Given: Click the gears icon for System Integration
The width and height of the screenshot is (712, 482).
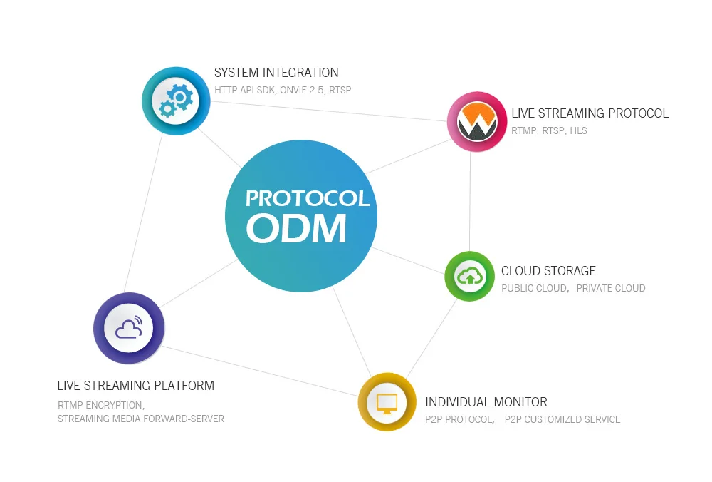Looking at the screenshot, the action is click(x=176, y=101).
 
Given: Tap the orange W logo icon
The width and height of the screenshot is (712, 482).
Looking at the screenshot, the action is click(x=476, y=121).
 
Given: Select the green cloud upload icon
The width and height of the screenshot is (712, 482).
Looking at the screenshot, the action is click(x=469, y=276).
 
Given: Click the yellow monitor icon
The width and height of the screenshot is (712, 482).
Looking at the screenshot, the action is click(x=387, y=402).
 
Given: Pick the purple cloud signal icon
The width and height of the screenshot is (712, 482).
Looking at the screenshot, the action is click(x=129, y=328).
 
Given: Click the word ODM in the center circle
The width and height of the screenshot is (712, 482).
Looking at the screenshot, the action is click(x=296, y=229).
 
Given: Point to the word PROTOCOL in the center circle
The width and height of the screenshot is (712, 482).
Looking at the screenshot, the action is click(x=308, y=199).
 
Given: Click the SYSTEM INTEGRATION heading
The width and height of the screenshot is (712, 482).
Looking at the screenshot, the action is click(x=276, y=73).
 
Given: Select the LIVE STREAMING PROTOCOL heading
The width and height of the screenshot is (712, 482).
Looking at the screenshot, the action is click(x=590, y=113).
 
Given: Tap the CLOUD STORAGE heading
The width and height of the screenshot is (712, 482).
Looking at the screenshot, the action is click(x=548, y=271).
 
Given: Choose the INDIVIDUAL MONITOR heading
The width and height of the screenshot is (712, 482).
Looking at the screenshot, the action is click(x=486, y=402).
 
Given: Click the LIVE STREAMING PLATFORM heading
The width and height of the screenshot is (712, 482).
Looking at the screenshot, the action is click(x=136, y=386).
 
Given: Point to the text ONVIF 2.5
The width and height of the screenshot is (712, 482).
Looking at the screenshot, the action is click(x=302, y=90).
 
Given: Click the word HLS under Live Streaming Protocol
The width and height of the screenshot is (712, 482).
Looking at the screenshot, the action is click(x=578, y=131).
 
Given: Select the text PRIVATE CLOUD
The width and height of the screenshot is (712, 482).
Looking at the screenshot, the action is click(x=611, y=288).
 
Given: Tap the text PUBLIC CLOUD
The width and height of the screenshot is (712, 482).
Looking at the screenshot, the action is click(x=534, y=288).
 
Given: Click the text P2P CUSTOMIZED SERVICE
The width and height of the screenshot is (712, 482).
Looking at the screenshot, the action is click(x=562, y=419).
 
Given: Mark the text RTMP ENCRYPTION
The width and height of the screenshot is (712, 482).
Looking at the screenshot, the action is click(x=100, y=405).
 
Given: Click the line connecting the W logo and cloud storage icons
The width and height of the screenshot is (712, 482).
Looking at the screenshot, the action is click(x=470, y=202).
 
